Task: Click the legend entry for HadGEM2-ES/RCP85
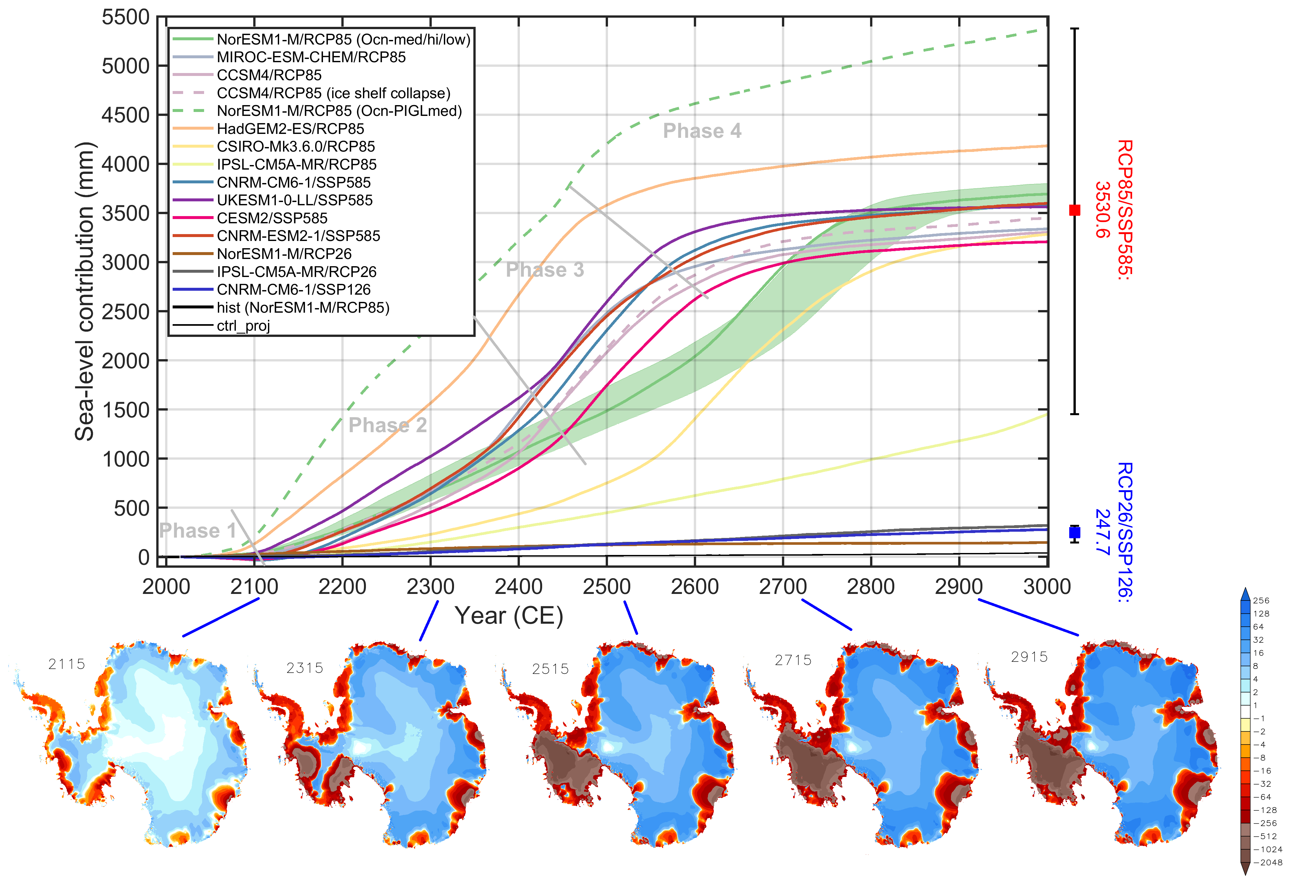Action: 290,129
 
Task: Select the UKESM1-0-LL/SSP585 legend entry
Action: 294,200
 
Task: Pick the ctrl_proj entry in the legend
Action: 243,326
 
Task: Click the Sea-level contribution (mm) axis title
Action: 85,291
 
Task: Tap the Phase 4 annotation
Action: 702,131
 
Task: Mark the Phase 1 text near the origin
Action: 197,531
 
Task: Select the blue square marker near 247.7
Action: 1074,532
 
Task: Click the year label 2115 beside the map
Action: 66,664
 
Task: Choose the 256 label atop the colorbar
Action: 1261,601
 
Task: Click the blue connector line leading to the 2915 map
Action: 1028,617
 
